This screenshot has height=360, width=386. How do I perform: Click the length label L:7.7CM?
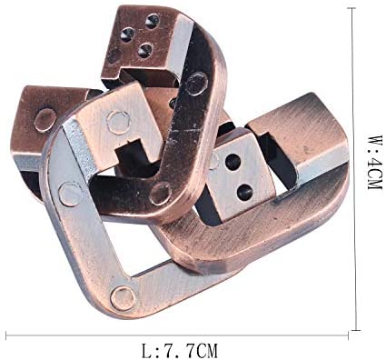180,351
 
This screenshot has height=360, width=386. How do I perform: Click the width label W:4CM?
374,162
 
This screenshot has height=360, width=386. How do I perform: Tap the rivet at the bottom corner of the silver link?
123,299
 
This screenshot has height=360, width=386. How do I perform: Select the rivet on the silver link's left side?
71,194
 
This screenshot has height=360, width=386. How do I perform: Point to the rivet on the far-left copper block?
45,120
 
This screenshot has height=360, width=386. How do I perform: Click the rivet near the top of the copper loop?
197,84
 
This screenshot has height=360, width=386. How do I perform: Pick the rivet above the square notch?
119,123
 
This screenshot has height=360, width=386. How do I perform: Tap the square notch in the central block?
132,153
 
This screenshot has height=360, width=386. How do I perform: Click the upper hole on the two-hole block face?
233,162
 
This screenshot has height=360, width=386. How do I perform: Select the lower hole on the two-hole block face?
244,192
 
